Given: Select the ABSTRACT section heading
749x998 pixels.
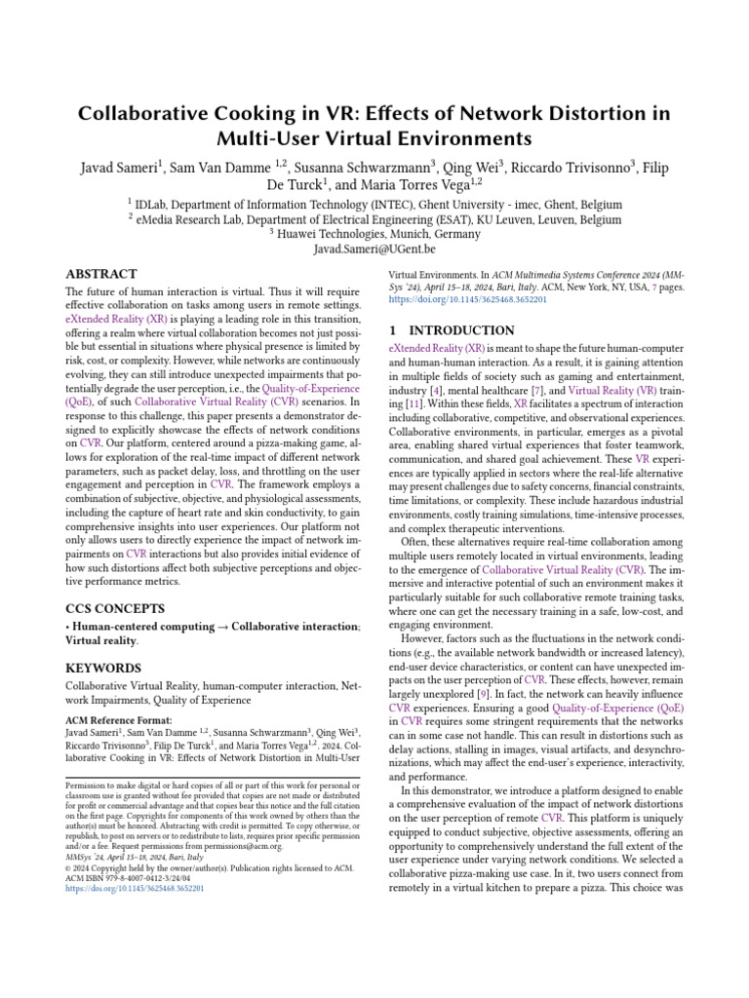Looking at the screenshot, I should coord(101,275).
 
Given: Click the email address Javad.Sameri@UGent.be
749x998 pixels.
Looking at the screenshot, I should coord(374,250).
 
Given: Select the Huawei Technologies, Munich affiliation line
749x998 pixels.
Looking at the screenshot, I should coord(374,235).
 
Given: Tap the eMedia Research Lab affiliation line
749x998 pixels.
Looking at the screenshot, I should coord(374,220).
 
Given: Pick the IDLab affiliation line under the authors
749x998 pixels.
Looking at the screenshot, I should coord(374,205).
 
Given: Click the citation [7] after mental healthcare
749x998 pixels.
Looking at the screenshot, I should coord(537,391).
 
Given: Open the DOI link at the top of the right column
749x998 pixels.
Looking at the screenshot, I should coord(467,300).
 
